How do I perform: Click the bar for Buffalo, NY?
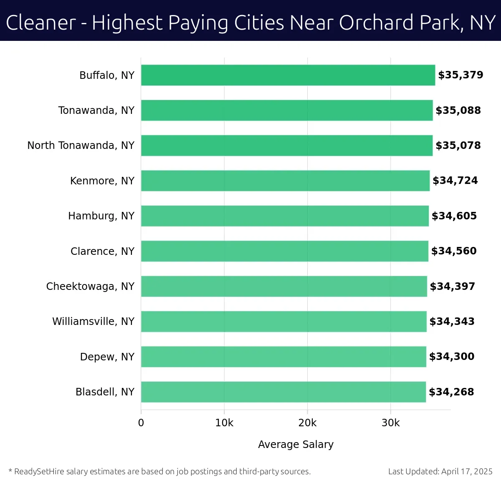coord(288,75)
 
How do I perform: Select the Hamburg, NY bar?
coord(285,216)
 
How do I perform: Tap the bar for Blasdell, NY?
coord(283,392)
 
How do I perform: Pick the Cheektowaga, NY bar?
coord(284,286)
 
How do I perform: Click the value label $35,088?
coord(458,111)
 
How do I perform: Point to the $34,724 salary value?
coord(455,181)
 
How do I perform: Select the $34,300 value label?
coord(452,357)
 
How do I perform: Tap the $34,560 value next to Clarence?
coord(454,251)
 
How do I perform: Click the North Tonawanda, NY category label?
coord(81,146)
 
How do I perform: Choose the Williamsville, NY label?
coord(93,322)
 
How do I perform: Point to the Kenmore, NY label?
coord(102,181)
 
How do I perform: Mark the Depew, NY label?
coord(107,357)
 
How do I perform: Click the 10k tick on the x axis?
coord(224,423)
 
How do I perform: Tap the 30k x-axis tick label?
coord(390,423)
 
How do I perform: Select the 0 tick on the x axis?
coord(141,423)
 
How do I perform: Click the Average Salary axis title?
coord(296,445)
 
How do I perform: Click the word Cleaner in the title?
coord(41,23)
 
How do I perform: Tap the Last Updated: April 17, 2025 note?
coord(440,472)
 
